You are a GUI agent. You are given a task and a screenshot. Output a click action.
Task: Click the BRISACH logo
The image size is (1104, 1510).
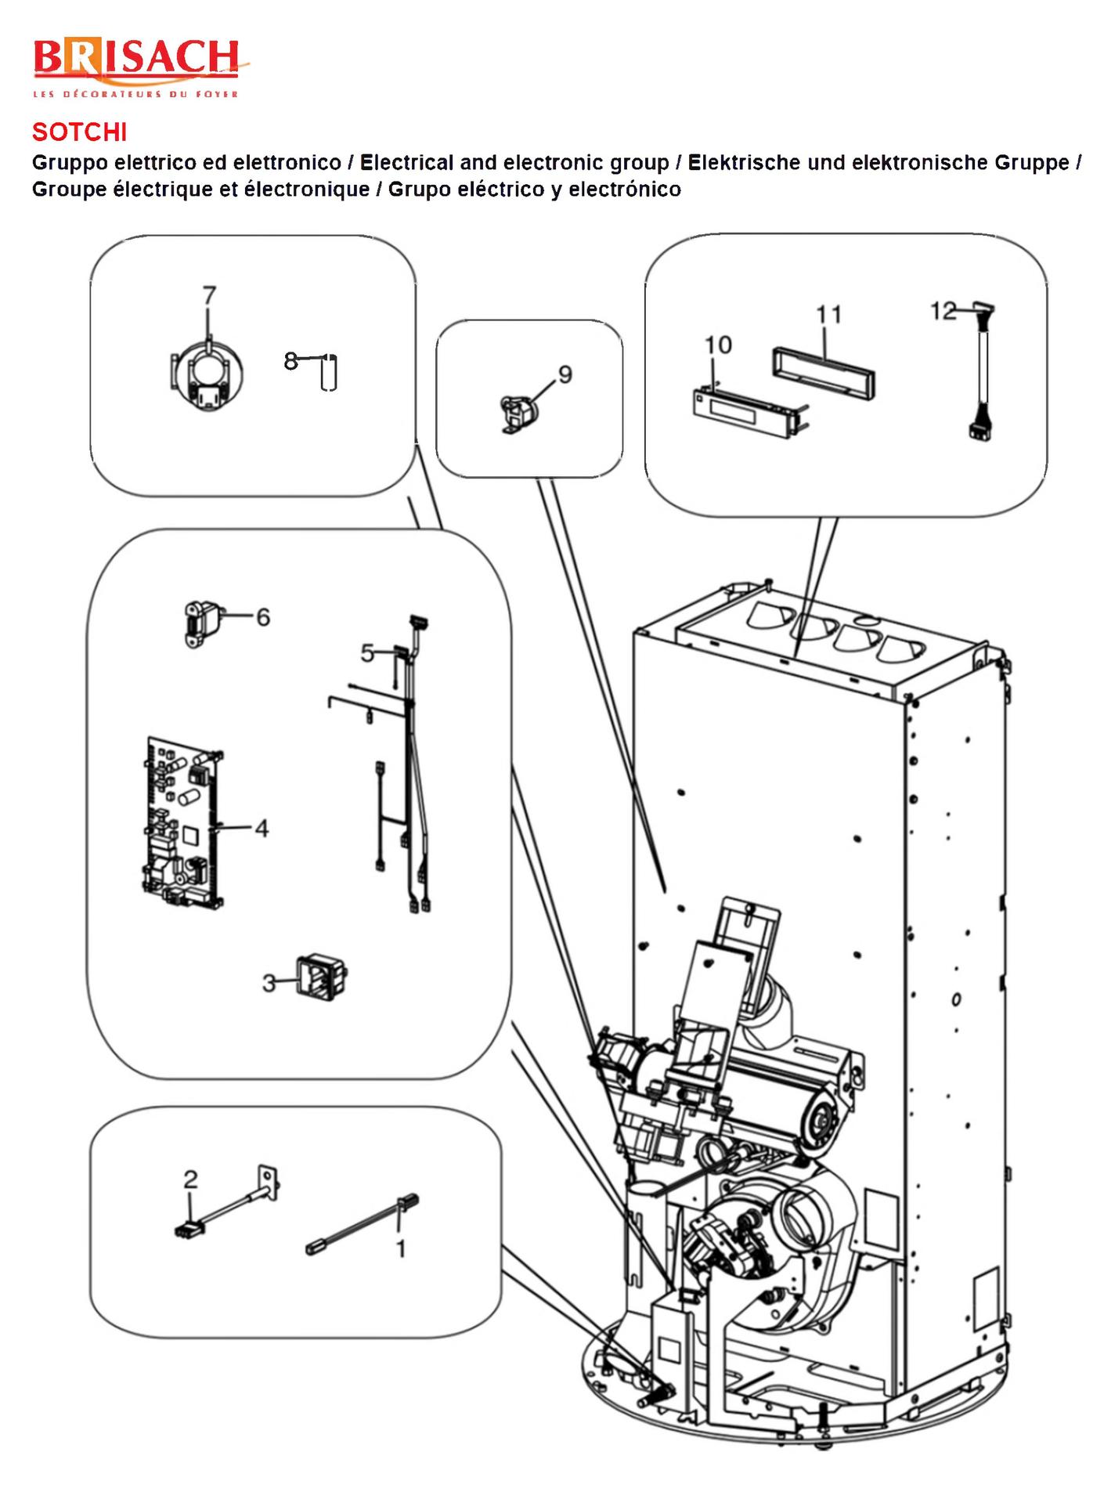click(x=135, y=67)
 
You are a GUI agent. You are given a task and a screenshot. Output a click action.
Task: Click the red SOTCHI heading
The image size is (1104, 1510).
click(x=79, y=132)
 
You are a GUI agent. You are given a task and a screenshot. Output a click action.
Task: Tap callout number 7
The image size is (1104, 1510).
click(x=208, y=295)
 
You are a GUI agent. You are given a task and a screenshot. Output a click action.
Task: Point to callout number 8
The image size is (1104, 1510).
click(x=290, y=361)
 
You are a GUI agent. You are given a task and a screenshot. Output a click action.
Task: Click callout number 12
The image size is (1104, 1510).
click(x=943, y=311)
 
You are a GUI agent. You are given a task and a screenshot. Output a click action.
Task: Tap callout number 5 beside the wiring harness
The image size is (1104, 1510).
click(x=368, y=652)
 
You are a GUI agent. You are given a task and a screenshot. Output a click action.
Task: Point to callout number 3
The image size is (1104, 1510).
click(x=269, y=983)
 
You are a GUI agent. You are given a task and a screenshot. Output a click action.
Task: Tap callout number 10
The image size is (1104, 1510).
click(x=717, y=345)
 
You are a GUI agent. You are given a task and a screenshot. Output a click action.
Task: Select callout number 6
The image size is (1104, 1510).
click(x=263, y=617)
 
